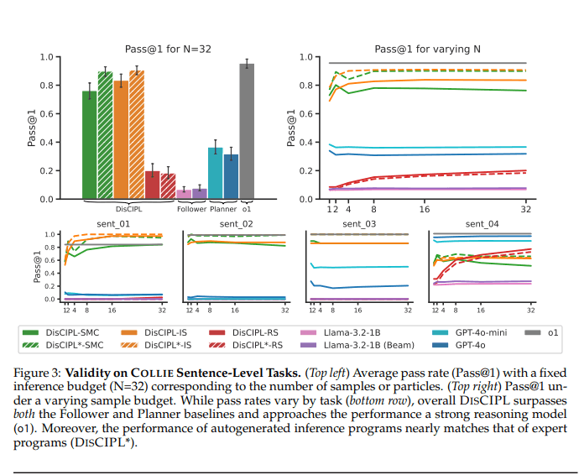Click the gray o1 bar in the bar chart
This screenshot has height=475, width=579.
[247, 131]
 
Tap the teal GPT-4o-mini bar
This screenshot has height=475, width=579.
[215, 174]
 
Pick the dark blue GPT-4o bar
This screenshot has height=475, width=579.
[231, 177]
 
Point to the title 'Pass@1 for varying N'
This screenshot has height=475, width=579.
[427, 49]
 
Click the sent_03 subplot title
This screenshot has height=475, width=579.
[359, 224]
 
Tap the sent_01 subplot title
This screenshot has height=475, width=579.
[112, 224]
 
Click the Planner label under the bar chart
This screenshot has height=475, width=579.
[222, 209]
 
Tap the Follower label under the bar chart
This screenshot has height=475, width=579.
[191, 209]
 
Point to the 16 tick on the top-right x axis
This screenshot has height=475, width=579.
[425, 209]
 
